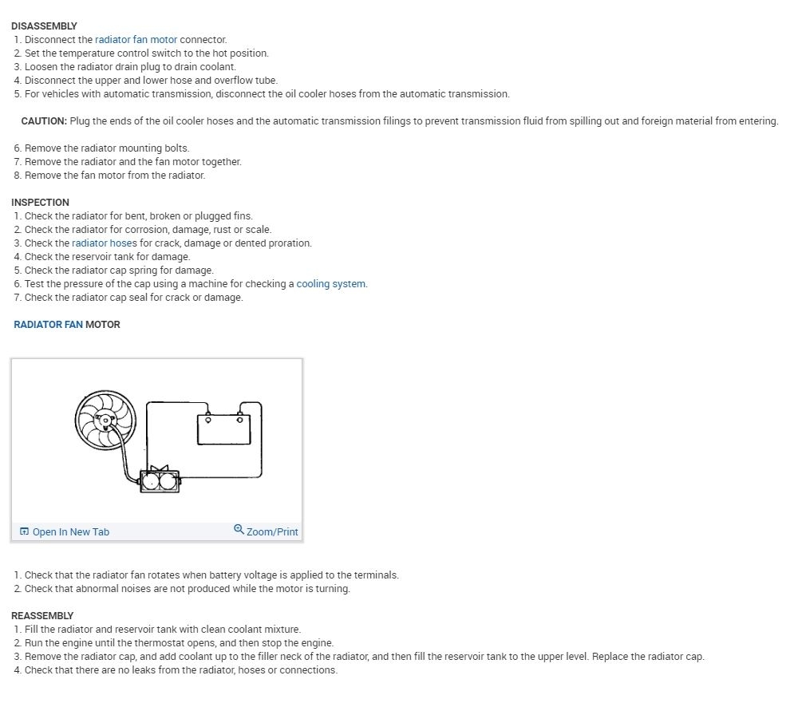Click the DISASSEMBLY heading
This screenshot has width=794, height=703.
coord(44,26)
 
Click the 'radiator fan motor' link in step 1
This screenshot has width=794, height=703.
coord(136,40)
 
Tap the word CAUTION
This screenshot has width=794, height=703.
coord(43,121)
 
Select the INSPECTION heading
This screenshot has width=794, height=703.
coord(40,203)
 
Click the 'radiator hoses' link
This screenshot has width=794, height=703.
coord(104,243)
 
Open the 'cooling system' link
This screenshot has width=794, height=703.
coord(331,284)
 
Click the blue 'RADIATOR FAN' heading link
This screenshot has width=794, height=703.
coord(48,325)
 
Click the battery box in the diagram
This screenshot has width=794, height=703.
coord(224,429)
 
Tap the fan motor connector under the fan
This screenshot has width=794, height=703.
coord(160,480)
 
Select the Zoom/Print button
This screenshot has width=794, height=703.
coord(272,532)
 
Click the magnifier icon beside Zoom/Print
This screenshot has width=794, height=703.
coord(239,530)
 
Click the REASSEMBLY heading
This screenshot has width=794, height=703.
coord(42,616)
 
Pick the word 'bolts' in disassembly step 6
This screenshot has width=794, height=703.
coord(176,148)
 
